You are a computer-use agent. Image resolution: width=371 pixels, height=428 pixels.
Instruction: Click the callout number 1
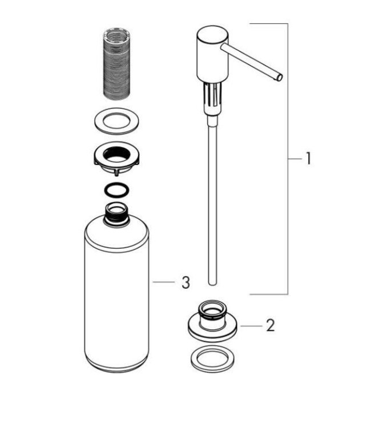tap(308, 158)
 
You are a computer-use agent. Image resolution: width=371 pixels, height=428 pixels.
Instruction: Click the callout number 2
tap(270, 325)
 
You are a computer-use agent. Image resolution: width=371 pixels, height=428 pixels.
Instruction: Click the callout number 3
tap(185, 281)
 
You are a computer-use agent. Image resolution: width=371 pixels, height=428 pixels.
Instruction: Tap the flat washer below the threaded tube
tap(116, 121)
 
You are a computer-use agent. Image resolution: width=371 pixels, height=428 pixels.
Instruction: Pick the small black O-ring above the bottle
tap(116, 189)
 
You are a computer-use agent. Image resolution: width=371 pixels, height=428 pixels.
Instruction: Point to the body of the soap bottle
tap(116, 297)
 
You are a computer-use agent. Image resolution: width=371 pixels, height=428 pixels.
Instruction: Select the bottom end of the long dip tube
tap(212, 281)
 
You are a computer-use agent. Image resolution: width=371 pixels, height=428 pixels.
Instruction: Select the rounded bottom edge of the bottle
tap(116, 368)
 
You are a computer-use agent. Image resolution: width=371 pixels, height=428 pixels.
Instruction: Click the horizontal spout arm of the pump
tap(251, 60)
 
